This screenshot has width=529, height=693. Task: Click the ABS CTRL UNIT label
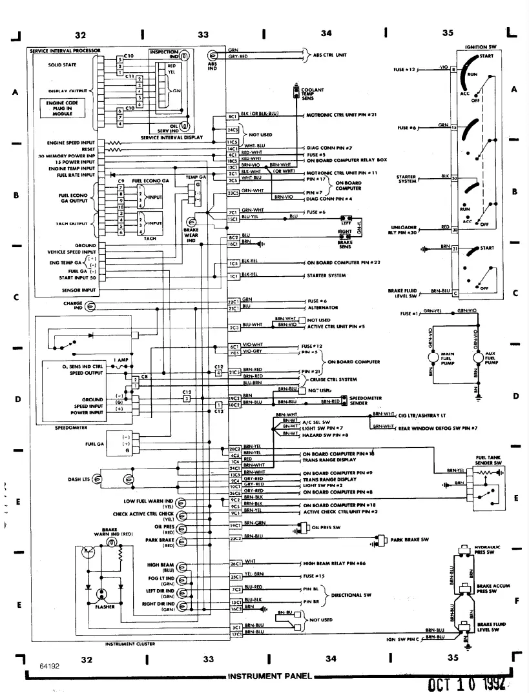pyautogui.click(x=331, y=55)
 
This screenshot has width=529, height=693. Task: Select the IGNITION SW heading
pyautogui.click(x=481, y=48)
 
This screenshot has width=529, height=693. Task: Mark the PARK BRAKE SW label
pyautogui.click(x=407, y=538)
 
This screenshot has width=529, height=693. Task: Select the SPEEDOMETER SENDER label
pyautogui.click(x=368, y=401)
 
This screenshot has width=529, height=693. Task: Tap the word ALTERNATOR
pyautogui.click(x=319, y=308)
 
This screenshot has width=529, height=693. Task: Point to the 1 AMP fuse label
pyautogui.click(x=120, y=359)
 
